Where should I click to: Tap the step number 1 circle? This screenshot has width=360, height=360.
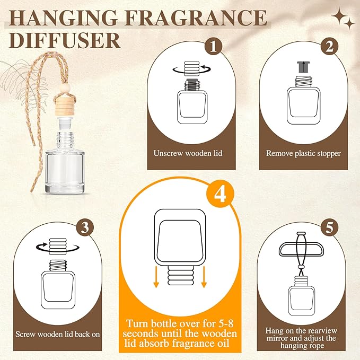(214, 47)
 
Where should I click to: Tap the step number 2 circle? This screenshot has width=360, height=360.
(329, 47)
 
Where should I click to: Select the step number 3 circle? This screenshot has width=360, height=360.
(99, 227)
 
